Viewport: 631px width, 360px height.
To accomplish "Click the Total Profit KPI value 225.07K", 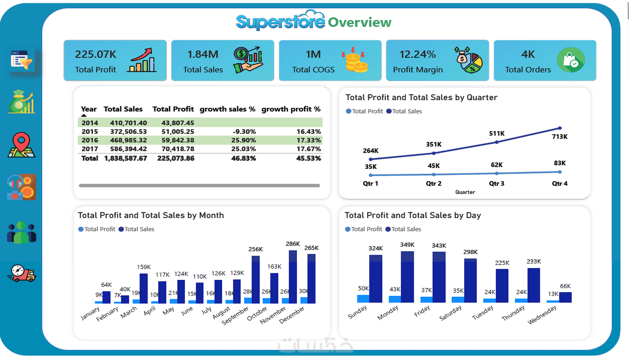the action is [95, 54].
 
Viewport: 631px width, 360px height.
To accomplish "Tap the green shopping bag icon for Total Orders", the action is [571, 60].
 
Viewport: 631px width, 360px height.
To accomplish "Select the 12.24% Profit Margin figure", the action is [418, 54].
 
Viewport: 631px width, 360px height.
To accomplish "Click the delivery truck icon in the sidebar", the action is [22, 273].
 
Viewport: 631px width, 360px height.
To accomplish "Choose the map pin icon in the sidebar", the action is [22, 145].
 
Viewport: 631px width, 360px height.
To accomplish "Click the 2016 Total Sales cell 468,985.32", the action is [128, 140].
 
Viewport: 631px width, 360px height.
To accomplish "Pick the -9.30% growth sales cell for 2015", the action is [244, 131].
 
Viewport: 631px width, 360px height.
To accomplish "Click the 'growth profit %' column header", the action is [291, 109].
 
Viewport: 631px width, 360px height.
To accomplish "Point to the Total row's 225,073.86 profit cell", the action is [176, 158].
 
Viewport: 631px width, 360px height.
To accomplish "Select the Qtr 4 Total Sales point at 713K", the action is [560, 128].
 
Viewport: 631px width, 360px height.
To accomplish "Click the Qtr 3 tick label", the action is [496, 183].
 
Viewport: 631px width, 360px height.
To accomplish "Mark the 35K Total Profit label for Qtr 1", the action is [371, 167].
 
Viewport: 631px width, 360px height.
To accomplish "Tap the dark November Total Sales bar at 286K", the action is [293, 277].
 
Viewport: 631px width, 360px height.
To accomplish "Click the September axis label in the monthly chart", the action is [235, 315].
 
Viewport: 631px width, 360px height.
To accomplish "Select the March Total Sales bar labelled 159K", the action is [144, 288].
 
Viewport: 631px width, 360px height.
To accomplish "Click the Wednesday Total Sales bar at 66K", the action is [565, 298].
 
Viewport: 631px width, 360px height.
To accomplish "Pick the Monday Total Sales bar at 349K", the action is [407, 277].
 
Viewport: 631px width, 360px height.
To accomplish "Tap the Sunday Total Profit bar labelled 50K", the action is [363, 299].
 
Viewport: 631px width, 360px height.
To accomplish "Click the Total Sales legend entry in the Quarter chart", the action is [404, 111].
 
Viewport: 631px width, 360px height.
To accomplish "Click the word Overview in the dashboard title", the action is [360, 22].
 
